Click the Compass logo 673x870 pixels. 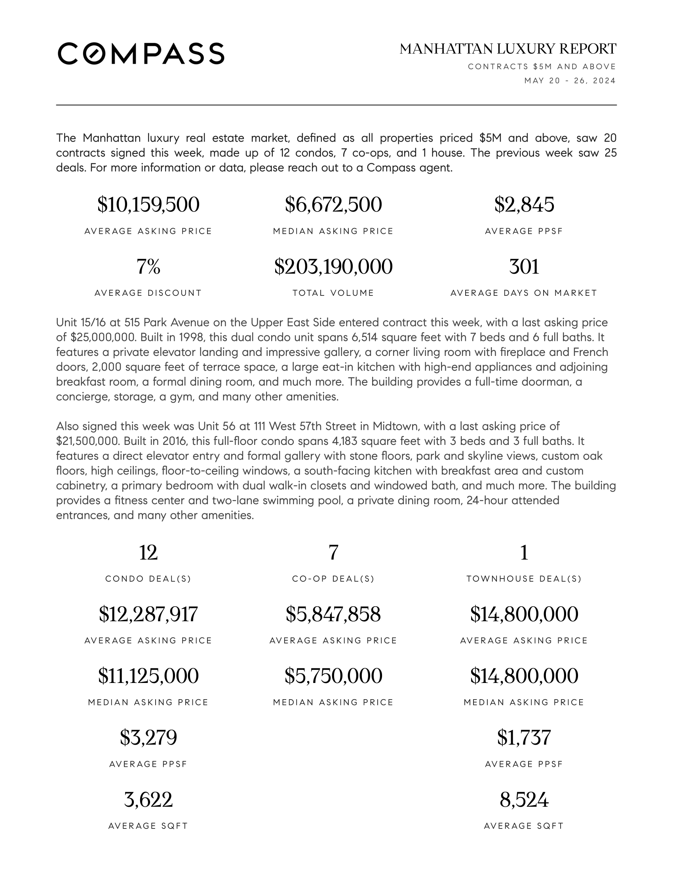click(141, 53)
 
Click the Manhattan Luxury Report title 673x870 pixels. click(508, 49)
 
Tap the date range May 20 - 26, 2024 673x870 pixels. click(570, 81)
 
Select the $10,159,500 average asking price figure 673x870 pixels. click(148, 205)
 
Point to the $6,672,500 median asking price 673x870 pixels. click(333, 205)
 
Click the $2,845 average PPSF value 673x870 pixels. click(524, 205)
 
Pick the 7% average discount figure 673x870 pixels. click(148, 267)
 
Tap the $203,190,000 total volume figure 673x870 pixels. click(333, 267)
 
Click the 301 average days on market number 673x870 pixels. click(524, 267)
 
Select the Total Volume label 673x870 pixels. click(333, 293)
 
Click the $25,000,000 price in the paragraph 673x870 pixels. click(103, 337)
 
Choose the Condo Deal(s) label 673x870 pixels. click(148, 579)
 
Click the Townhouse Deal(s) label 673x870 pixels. click(524, 579)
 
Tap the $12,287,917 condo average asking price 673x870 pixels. click(148, 614)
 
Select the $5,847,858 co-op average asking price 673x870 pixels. click(333, 614)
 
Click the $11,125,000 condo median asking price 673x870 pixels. click(148, 676)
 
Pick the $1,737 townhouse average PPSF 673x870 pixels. click(524, 738)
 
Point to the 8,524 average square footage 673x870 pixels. click(524, 800)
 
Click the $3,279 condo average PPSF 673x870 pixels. click(148, 738)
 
